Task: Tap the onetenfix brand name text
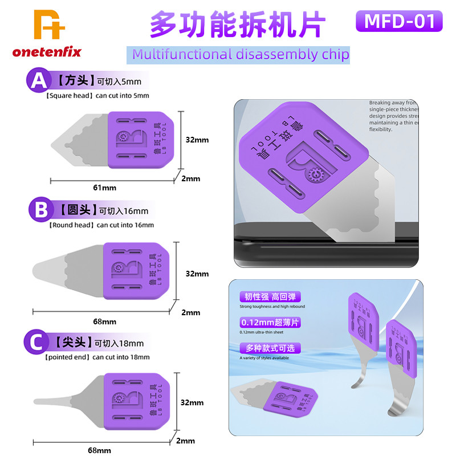coord(47,52)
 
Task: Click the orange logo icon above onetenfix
coord(49,25)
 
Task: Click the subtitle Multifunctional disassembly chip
coord(240,54)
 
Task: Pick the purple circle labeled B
coord(40,209)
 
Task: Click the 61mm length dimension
coord(105,188)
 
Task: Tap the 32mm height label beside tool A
coord(197,139)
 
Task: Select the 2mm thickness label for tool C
coord(185,441)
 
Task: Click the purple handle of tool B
coord(137,271)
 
